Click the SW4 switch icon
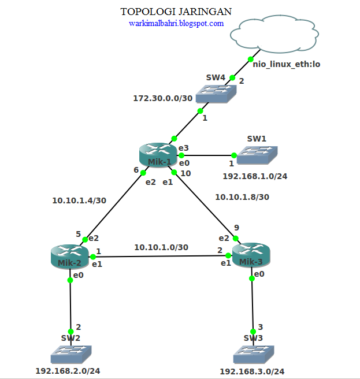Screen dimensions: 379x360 215,95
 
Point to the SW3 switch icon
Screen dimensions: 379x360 253,354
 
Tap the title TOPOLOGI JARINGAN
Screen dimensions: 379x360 176,12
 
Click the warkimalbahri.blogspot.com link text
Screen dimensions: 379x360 176,24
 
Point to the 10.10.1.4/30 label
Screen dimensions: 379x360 79,201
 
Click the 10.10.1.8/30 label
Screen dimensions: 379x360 242,197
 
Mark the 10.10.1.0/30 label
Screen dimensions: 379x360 161,247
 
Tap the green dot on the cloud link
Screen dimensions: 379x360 251,59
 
